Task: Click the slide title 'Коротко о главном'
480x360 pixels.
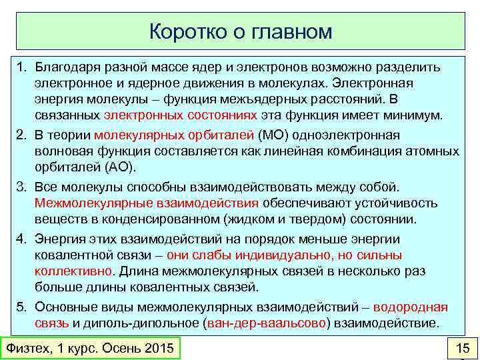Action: coord(240,31)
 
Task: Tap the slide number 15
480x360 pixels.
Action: coord(461,348)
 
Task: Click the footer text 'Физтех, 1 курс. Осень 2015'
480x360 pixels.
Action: coord(89,348)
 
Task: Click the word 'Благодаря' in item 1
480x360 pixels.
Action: coord(64,67)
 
